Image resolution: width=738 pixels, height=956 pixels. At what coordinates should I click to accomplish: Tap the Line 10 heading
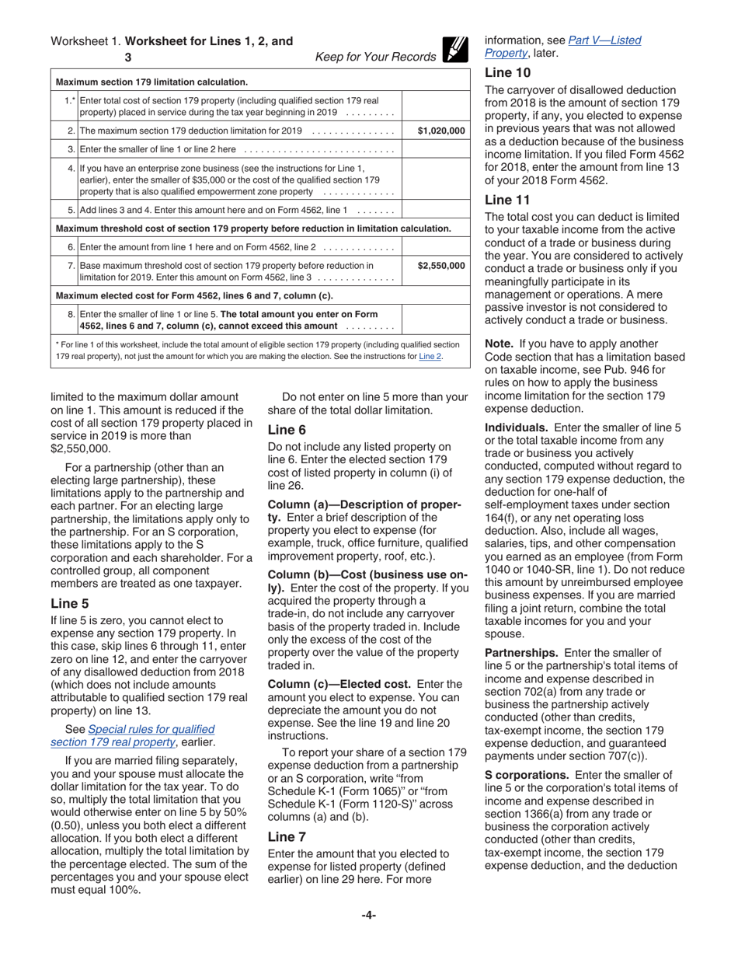tap(508, 73)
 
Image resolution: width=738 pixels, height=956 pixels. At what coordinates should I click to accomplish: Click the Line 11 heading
tap(507, 201)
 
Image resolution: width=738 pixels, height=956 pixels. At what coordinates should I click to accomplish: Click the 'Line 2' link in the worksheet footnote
tap(430, 357)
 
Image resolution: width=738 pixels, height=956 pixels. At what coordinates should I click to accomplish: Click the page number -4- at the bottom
tap(369, 915)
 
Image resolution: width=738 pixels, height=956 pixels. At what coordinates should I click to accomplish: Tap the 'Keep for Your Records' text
tap(375, 57)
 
